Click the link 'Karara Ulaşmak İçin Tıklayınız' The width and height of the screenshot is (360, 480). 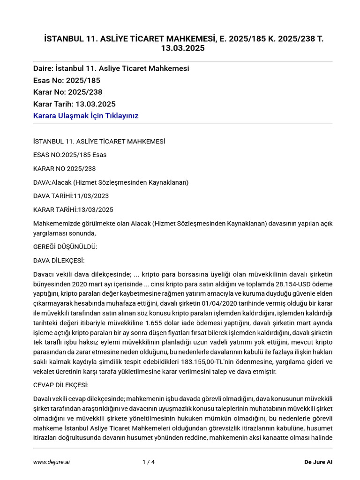coord(86,115)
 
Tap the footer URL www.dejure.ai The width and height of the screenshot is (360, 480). coord(52,462)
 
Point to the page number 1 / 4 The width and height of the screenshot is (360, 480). coord(149,462)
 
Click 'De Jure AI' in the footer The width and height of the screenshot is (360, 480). coord(318,462)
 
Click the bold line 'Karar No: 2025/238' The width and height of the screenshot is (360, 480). coord(67,92)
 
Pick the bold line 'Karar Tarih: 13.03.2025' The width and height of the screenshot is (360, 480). coord(75,104)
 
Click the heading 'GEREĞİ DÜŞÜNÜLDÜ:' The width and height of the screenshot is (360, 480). coord(65,247)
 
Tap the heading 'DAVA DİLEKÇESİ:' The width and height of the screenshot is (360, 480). coord(59,260)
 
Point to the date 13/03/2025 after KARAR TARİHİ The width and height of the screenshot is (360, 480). coord(96,210)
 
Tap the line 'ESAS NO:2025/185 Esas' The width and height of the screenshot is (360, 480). coord(67,155)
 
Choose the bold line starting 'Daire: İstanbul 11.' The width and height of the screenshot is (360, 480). coord(111,68)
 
